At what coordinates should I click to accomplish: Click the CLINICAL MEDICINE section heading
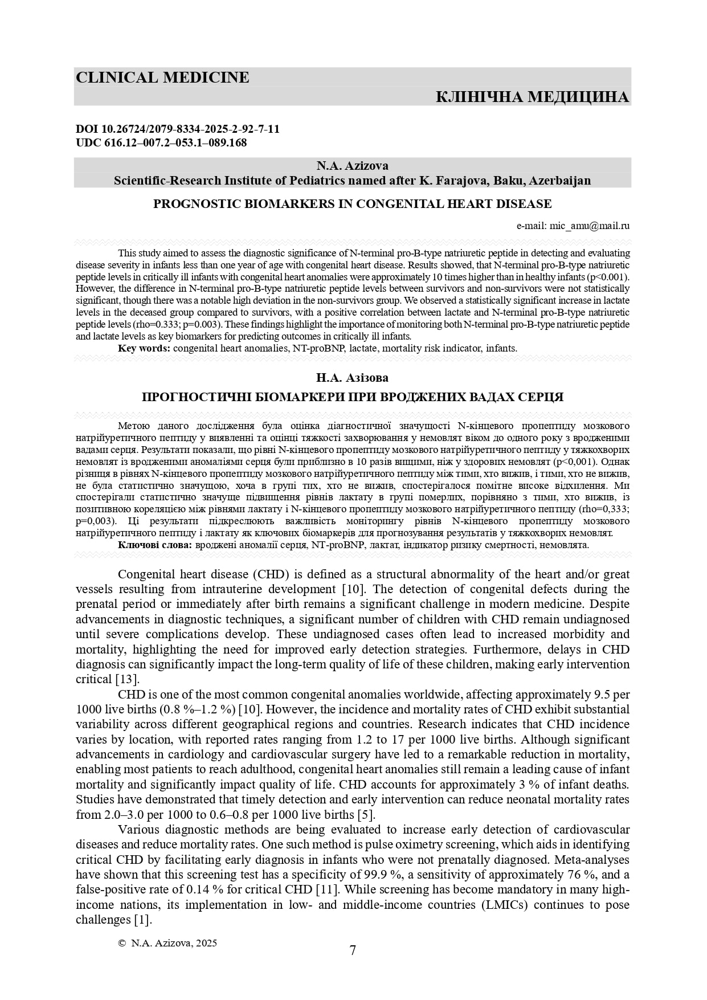[x=162, y=77]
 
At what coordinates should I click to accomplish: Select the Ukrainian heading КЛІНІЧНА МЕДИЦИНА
[x=532, y=97]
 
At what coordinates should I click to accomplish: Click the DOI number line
[x=178, y=129]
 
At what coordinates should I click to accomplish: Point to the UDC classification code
[x=161, y=143]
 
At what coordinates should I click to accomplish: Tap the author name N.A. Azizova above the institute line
[x=353, y=166]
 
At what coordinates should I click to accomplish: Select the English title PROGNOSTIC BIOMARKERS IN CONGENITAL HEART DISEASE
[x=353, y=203]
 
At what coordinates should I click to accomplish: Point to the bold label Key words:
[x=144, y=348]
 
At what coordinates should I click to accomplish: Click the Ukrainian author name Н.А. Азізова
[x=353, y=378]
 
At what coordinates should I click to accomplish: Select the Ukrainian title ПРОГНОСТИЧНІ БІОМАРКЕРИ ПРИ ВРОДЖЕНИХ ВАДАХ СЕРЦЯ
[x=353, y=397]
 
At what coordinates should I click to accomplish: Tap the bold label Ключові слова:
[x=155, y=545]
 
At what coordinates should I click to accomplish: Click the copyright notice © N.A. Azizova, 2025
[x=167, y=943]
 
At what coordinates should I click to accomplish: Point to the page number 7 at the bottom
[x=353, y=950]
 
